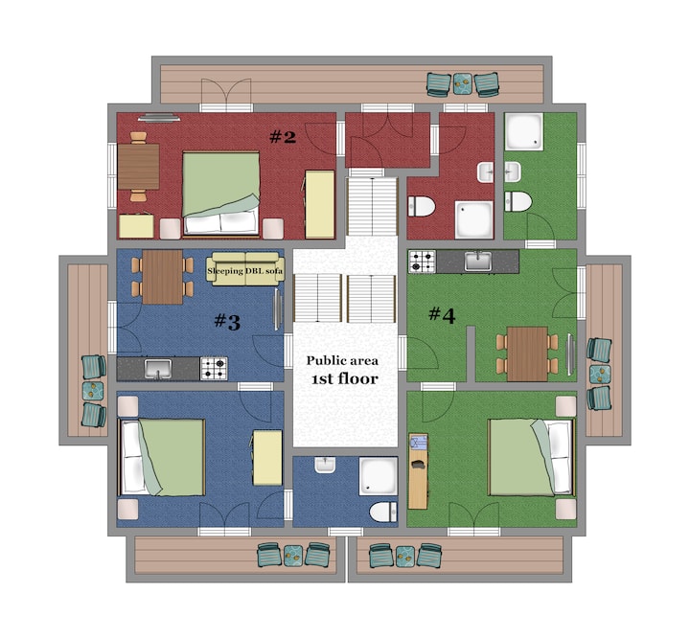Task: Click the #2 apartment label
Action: tap(283, 137)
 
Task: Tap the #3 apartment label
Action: tap(227, 322)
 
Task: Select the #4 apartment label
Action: tap(442, 315)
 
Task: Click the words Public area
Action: tap(342, 360)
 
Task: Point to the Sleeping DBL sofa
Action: tap(245, 268)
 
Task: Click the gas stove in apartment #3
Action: tap(214, 369)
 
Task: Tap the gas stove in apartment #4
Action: tap(422, 262)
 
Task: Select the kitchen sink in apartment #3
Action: tap(158, 369)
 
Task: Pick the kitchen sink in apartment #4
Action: tap(478, 262)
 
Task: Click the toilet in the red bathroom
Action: tap(421, 206)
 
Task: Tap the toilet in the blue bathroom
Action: tap(383, 512)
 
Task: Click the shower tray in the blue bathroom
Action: tap(379, 476)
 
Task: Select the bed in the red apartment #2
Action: tap(220, 194)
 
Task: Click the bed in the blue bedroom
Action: tap(162, 457)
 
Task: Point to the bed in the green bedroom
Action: tap(532, 457)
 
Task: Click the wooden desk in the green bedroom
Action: tap(418, 471)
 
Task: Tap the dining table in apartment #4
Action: tap(527, 354)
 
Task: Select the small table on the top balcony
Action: tap(463, 83)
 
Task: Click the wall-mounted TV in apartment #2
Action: tap(159, 117)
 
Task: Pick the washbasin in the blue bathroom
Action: tap(325, 466)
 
